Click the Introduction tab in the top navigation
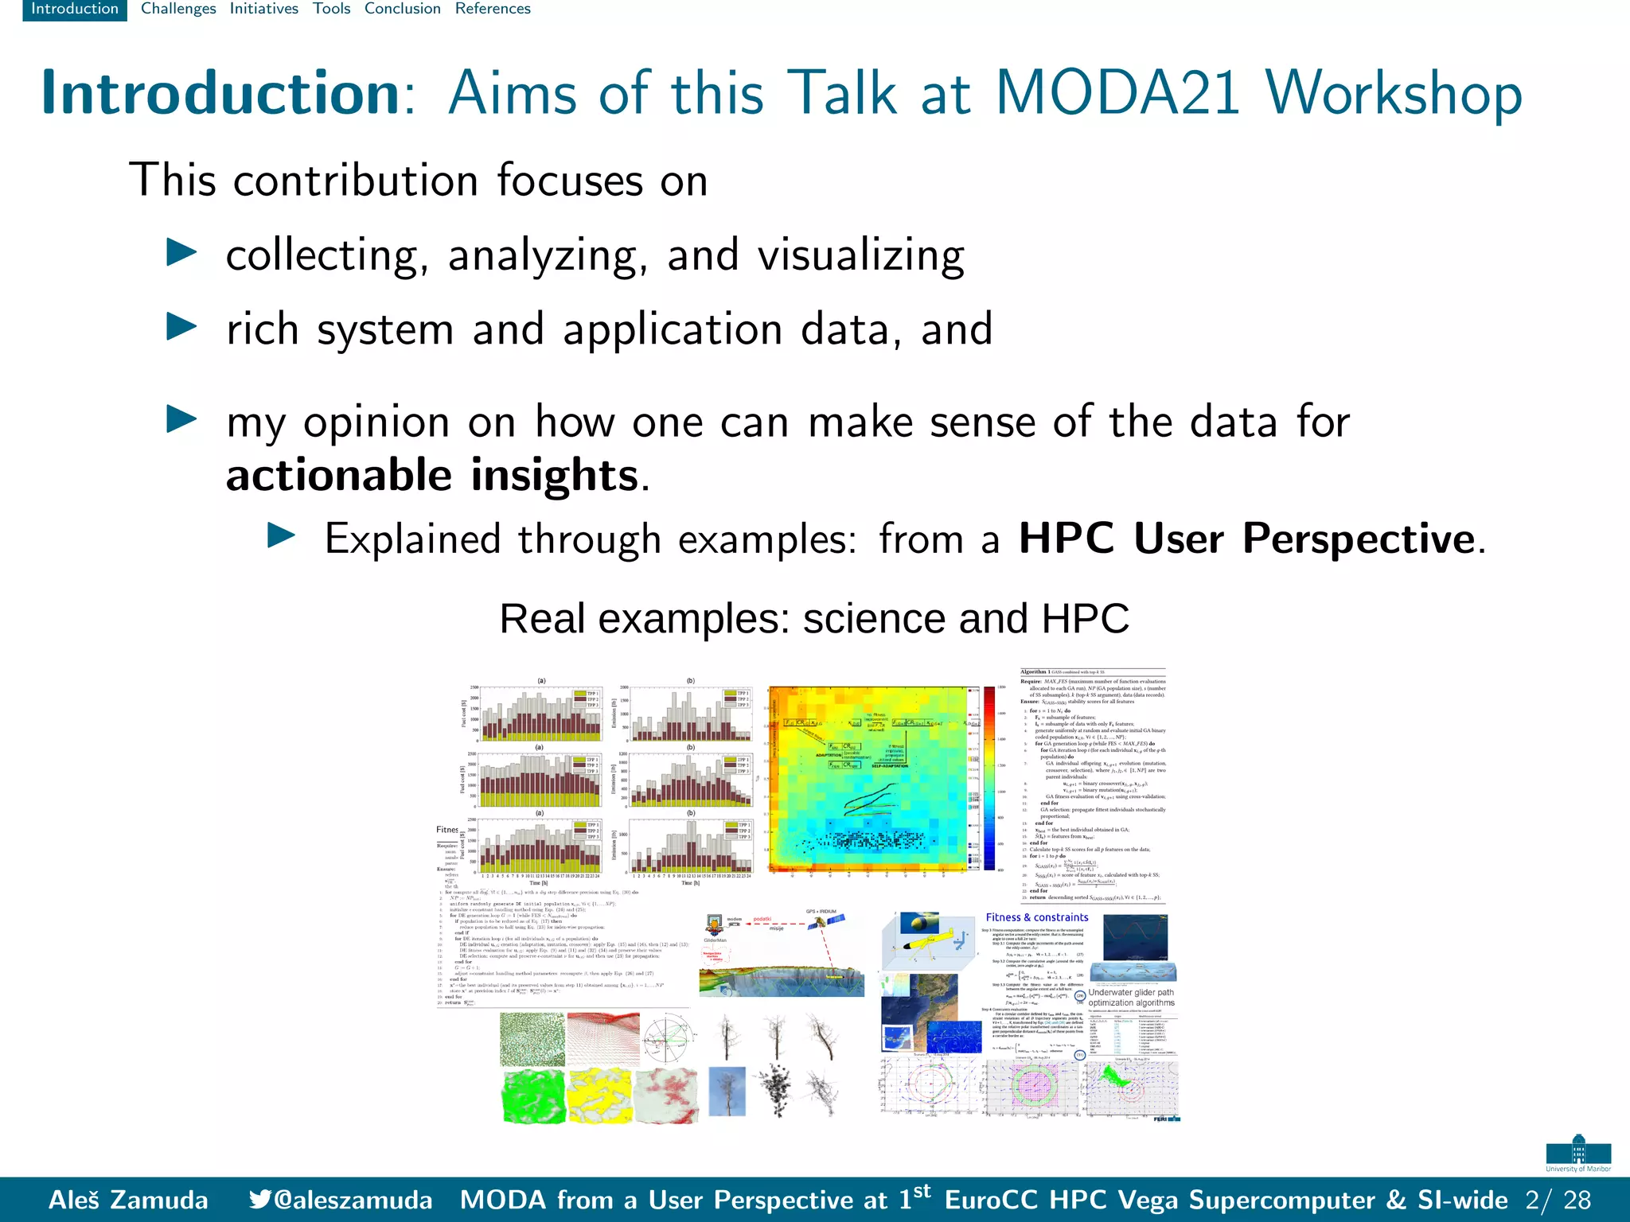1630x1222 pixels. click(x=74, y=9)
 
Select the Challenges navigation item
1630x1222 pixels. click(x=178, y=9)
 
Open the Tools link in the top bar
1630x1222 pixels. click(x=331, y=9)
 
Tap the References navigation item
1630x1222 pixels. click(x=493, y=9)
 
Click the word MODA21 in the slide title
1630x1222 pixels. click(x=1118, y=94)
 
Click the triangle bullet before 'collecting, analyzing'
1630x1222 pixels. click(x=181, y=254)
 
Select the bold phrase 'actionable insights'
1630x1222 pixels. click(x=432, y=475)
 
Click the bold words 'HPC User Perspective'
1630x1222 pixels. click(x=1247, y=539)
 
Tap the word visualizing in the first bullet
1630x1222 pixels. click(x=860, y=256)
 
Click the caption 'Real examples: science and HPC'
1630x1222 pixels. click(x=813, y=618)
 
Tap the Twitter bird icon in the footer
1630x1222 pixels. click(x=259, y=1199)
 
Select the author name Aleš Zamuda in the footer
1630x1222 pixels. click(x=128, y=1200)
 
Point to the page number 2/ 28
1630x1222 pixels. click(x=1558, y=1200)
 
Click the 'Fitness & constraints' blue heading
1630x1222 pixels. click(x=1036, y=917)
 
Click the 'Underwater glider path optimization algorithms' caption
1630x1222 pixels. click(x=1131, y=998)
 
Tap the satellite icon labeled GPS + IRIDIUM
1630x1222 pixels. click(x=822, y=924)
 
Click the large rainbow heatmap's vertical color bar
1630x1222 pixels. click(x=989, y=777)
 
